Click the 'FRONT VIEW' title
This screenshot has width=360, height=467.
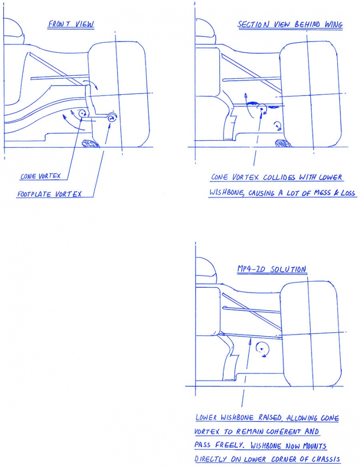tap(71, 24)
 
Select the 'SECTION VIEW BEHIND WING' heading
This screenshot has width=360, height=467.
tap(290, 25)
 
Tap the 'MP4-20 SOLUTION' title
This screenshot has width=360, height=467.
tap(272, 269)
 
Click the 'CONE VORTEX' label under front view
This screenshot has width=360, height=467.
tap(40, 176)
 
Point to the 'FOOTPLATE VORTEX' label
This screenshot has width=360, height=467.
tap(49, 194)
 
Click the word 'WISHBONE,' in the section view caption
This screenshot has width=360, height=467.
tap(227, 193)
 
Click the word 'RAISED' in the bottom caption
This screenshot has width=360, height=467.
tap(270, 417)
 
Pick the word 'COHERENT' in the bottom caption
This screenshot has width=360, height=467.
tap(283, 431)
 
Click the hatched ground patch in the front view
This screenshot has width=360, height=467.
tap(92, 144)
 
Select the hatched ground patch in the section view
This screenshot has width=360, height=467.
tap(283, 143)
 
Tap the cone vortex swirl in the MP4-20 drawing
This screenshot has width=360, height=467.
tap(263, 349)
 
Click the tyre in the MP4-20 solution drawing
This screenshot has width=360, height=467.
tap(311, 334)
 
